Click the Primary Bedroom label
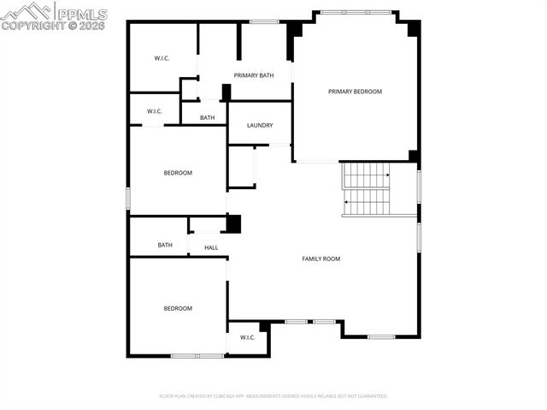(x=355, y=92)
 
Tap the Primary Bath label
(x=254, y=75)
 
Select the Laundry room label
(x=260, y=126)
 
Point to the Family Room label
(x=321, y=258)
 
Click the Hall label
(x=211, y=248)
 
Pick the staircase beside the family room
(x=367, y=189)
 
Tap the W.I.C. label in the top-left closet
(x=162, y=58)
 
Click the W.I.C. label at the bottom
(x=248, y=337)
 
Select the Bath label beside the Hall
(x=165, y=245)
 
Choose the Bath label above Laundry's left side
(x=208, y=118)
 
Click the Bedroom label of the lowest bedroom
(x=178, y=308)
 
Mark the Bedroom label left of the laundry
(x=178, y=173)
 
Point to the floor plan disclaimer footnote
(x=273, y=396)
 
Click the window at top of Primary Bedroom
(x=356, y=11)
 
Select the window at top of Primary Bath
(x=263, y=21)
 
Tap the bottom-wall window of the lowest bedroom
(x=197, y=355)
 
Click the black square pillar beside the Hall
(x=233, y=223)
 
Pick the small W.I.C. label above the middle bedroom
(x=155, y=111)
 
